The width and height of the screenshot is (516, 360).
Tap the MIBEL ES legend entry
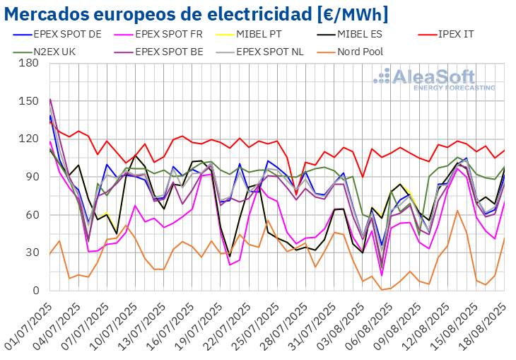(x=365, y=33)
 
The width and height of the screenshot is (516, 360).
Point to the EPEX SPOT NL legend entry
(x=266, y=51)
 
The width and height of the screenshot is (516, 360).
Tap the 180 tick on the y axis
(x=29, y=63)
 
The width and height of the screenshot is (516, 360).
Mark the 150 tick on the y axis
(x=29, y=101)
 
